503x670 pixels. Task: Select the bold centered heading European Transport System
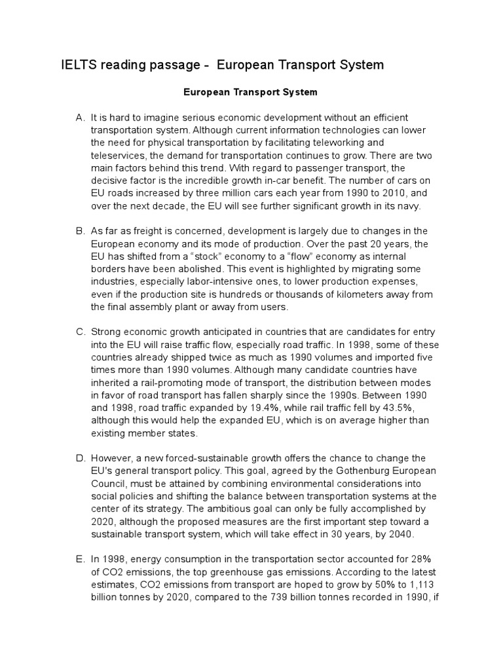tap(251, 92)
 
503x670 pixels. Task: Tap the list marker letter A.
tap(81, 117)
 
